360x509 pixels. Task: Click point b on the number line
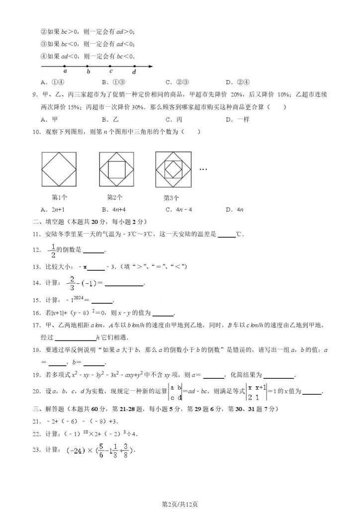[x=88, y=66]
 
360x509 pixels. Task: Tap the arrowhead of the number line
[x=152, y=66]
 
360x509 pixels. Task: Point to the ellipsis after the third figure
[x=203, y=169]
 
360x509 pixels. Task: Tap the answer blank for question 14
[x=124, y=284]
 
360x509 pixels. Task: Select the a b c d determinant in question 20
[x=175, y=391]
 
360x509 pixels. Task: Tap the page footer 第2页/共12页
[x=180, y=504]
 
